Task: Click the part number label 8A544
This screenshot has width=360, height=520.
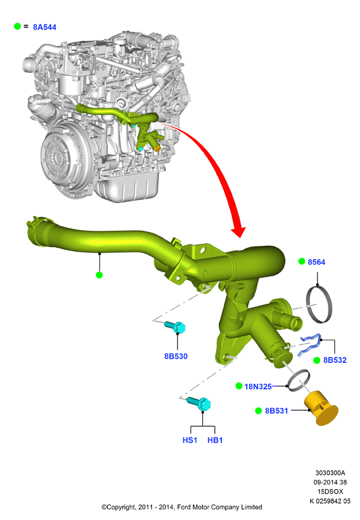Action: click(x=45, y=27)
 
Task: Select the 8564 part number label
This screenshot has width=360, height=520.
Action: click(x=316, y=262)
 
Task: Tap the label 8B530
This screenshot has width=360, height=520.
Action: click(x=175, y=356)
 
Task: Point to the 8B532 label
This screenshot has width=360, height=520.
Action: click(x=335, y=360)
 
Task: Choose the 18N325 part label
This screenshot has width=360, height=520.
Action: click(x=258, y=387)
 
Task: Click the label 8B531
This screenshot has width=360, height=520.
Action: click(x=277, y=411)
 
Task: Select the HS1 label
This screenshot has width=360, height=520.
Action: click(x=190, y=440)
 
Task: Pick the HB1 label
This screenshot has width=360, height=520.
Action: click(x=215, y=440)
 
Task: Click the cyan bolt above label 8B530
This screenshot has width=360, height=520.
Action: click(x=175, y=327)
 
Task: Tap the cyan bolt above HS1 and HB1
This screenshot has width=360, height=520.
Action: click(x=199, y=402)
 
